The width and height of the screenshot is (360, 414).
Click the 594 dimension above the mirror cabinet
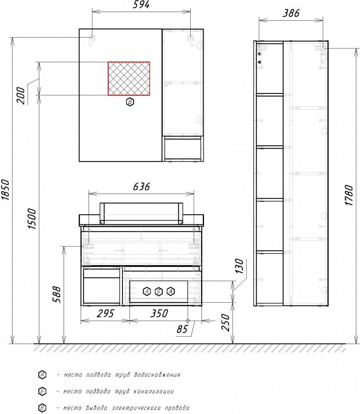coord(141,5)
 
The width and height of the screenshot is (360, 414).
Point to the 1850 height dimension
coord(5,190)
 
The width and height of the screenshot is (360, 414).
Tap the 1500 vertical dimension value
coord(32,219)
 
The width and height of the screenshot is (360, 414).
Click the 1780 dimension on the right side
coord(349,195)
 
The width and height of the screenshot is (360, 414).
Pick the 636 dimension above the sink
coord(141,186)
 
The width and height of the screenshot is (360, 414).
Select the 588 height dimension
coord(57,295)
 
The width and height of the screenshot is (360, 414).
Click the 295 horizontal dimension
coord(105,313)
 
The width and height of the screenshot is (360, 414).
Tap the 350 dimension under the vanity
coord(159,313)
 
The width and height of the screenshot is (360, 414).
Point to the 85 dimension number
coord(182,329)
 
